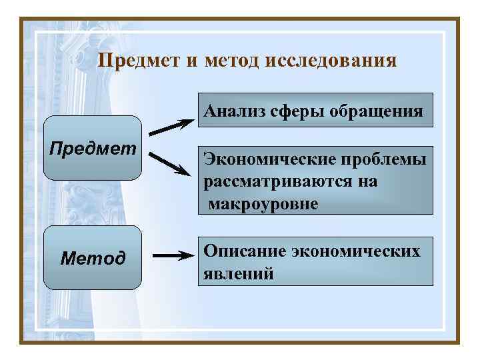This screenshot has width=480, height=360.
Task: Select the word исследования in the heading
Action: click(331, 61)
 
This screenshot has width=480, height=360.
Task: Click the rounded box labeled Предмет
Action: click(93, 148)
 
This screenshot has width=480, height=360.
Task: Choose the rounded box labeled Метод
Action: click(93, 258)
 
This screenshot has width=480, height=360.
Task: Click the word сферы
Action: click(295, 110)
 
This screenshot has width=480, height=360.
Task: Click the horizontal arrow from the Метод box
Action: click(172, 255)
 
